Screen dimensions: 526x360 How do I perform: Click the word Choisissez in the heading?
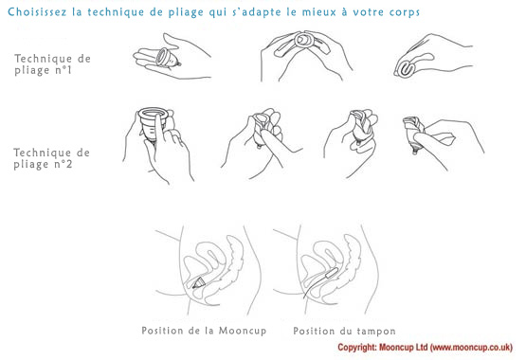pos(37,12)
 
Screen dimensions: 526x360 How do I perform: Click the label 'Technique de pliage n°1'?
pos(52,64)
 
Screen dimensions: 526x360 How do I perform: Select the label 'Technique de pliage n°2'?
pos(52,158)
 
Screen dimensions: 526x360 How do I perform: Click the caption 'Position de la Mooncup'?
pos(204,331)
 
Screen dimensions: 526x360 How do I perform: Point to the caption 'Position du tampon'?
pos(345,332)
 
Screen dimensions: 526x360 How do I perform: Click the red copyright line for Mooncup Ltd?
pos(425,348)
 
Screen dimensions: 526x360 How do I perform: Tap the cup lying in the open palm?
pos(168,58)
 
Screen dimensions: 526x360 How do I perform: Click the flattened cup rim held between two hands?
pos(304,41)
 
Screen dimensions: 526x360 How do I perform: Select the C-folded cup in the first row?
pos(406,70)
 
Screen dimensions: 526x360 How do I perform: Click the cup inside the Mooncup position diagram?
pos(199,283)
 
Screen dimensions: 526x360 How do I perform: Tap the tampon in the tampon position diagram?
pos(330,274)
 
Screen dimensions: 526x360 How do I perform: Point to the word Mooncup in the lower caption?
pos(243,332)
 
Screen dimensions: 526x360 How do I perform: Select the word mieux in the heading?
pos(318,12)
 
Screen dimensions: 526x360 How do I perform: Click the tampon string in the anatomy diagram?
pos(314,288)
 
